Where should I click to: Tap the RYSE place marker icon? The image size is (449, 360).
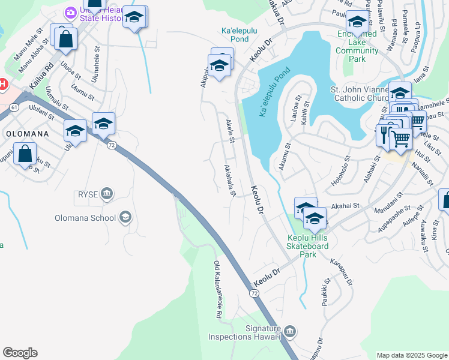coord(107,193)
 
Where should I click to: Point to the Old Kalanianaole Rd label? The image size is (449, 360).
coord(217,290)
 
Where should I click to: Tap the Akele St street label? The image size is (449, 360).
coord(230,131)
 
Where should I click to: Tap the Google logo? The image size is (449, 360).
coord(20,353)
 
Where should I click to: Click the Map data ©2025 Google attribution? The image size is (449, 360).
coord(412,355)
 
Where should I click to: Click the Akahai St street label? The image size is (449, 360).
coord(344,205)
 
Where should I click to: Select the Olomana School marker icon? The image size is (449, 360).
coord(125,217)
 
